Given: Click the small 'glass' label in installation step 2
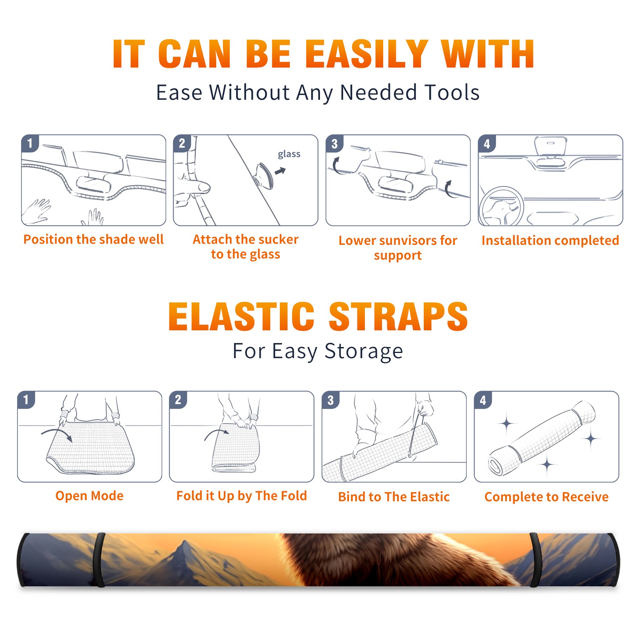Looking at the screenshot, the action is tap(289, 154).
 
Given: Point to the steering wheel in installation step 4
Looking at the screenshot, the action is tap(502, 206).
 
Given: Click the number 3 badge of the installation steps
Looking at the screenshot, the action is tap(334, 144).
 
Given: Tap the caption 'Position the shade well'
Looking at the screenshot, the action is tap(93, 239).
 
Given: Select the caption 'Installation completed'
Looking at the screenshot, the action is tap(550, 240).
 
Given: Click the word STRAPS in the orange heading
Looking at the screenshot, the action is tap(398, 316).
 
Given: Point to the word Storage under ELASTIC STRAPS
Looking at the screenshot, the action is tap(364, 352).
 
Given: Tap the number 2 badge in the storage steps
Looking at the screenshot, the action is tap(178, 400).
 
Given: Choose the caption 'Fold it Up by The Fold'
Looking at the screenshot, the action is tap(242, 496).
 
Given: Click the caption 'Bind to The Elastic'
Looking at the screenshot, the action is tap(394, 497).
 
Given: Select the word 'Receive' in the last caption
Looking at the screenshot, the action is tap(585, 497).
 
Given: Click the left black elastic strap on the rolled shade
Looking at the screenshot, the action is tap(99, 560).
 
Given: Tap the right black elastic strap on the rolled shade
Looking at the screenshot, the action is tap(535, 560).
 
